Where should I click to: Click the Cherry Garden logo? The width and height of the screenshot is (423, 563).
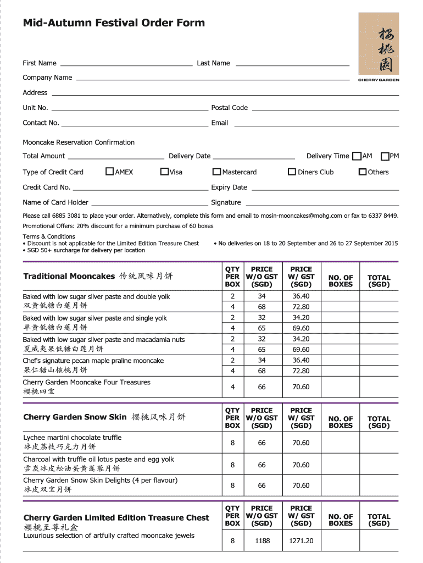coord(379,47)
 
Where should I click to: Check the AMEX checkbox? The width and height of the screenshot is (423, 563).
coord(109,172)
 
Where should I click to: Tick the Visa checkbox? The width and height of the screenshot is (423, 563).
coord(164,172)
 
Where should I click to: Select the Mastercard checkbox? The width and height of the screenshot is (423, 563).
coord(217,172)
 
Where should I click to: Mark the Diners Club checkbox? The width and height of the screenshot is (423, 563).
coord(292,172)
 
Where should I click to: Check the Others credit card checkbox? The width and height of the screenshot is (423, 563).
coord(363,172)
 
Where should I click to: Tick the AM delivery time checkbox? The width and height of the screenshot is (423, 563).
coord(357,156)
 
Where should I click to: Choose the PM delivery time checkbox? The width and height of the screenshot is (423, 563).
coord(385,156)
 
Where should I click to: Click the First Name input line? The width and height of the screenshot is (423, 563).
coord(126,64)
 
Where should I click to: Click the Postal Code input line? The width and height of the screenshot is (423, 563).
coord(324,108)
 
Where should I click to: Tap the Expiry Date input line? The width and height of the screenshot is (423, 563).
coord(325,188)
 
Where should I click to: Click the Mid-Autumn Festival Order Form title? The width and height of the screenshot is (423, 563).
coord(114,23)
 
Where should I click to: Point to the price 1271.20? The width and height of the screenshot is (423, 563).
coord(301,541)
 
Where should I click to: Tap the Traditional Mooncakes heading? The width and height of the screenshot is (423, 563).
coord(69,276)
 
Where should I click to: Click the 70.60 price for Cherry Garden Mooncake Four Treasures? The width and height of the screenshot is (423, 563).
coord(301,387)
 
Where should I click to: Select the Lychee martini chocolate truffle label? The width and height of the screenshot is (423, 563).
coord(73,438)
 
